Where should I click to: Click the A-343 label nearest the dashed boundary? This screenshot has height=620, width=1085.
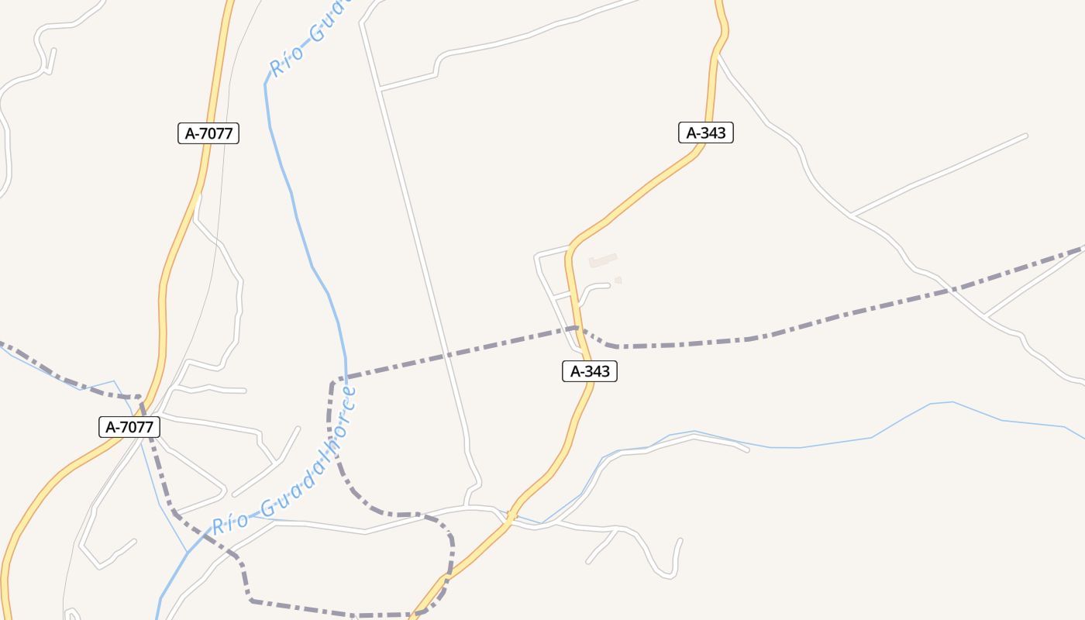[590, 371]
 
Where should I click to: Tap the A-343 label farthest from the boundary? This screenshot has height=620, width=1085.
[705, 133]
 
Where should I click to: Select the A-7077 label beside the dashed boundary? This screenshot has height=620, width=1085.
[129, 426]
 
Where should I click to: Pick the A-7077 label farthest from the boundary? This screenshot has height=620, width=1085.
[208, 133]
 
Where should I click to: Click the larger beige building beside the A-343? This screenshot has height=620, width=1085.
[604, 260]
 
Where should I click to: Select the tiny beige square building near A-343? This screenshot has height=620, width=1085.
[618, 280]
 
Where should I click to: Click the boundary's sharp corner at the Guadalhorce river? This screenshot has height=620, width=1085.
[333, 381]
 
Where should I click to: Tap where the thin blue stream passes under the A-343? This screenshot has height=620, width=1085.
[509, 517]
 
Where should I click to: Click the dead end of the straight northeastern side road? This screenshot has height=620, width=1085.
[1026, 136]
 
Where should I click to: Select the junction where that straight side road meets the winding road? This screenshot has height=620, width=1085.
[850, 215]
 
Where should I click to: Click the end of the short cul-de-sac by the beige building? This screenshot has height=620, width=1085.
[610, 284]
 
